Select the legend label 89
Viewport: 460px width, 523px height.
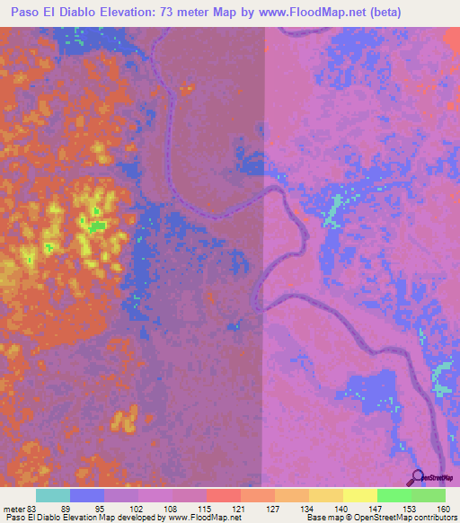(72, 509)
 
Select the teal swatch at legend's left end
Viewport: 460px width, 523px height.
(52, 496)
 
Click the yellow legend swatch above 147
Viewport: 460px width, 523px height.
(359, 496)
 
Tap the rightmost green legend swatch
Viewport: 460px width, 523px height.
(428, 496)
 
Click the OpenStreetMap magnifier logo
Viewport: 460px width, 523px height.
(416, 477)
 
